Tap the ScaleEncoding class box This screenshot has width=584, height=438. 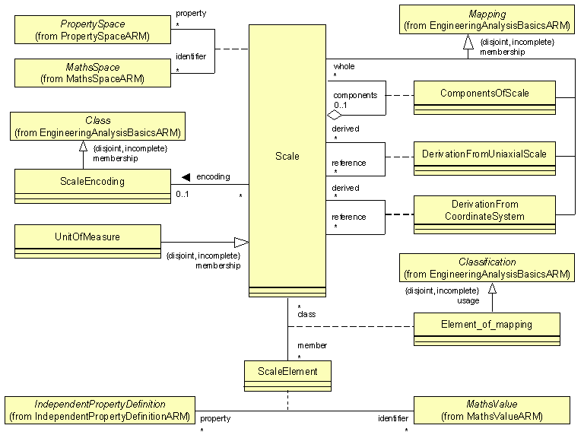92,186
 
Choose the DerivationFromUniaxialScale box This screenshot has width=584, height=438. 484,158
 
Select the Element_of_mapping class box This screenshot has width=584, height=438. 487,328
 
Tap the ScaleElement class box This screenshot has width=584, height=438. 287,374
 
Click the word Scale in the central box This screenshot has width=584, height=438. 287,157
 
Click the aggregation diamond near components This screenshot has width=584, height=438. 333,115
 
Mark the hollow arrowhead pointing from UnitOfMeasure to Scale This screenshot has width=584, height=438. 241,243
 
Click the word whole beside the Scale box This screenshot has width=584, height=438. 344,67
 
